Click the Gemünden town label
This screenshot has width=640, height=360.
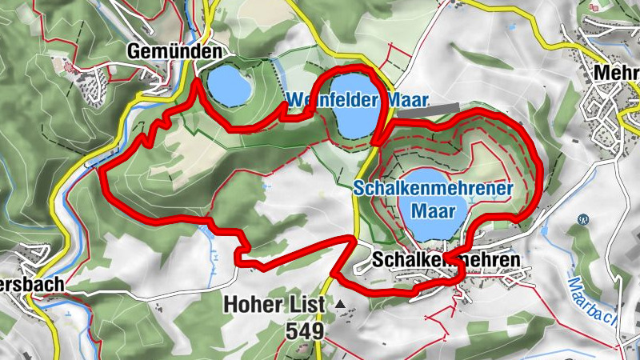(x=174, y=51)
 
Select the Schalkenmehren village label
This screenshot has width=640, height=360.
(x=446, y=260)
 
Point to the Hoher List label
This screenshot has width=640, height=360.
(x=274, y=304)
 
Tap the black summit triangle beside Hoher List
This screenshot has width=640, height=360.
(x=342, y=304)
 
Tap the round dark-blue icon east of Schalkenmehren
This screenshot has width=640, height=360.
(x=582, y=218)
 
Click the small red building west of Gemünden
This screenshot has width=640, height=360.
(x=70, y=64)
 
